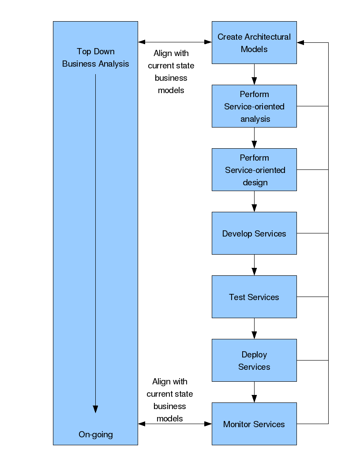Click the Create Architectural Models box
(254, 42)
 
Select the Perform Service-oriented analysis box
(254, 106)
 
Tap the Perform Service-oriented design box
(254, 170)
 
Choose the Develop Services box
(254, 233)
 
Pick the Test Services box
(254, 297)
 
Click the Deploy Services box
(254, 360)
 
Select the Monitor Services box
(254, 424)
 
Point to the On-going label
(96, 435)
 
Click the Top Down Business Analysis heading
(96, 58)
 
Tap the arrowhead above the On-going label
(95, 409)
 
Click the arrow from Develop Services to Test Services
(254, 265)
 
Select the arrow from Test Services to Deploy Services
(254, 328)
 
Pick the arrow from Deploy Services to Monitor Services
(254, 392)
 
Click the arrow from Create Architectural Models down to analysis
(254, 74)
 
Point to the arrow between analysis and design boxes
(254, 138)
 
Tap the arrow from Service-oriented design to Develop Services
(254, 201)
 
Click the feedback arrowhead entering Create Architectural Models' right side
(300, 42)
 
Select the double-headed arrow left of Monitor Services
(175, 424)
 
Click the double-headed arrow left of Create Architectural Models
(175, 42)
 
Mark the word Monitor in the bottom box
(237, 424)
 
